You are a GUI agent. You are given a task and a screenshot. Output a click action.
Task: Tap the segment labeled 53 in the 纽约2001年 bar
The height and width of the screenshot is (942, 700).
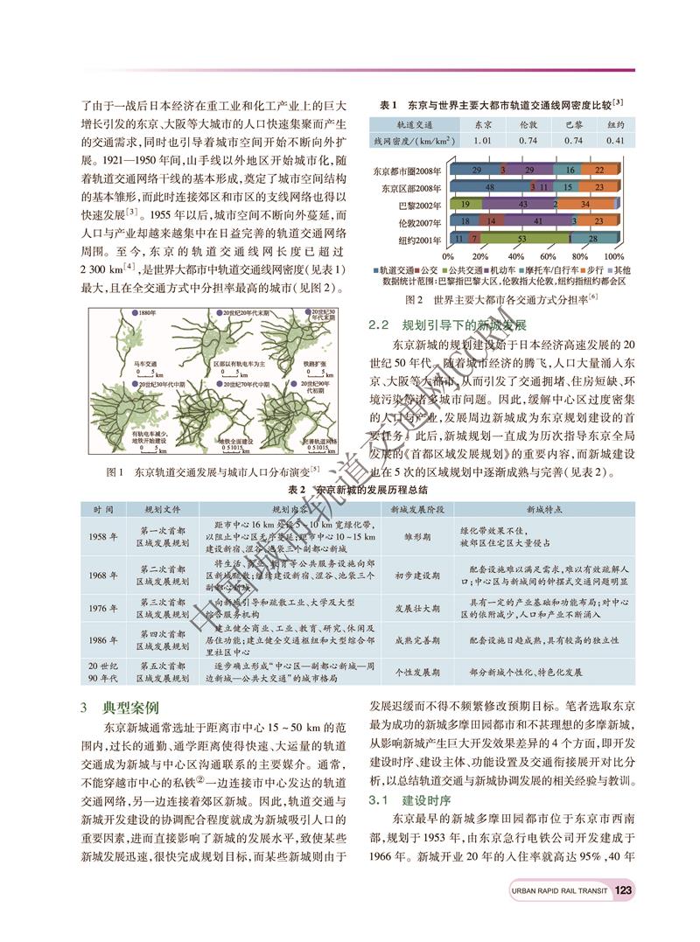pyautogui.click(x=521, y=238)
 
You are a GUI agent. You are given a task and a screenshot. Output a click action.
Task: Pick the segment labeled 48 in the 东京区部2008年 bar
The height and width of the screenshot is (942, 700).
pyautogui.click(x=487, y=187)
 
